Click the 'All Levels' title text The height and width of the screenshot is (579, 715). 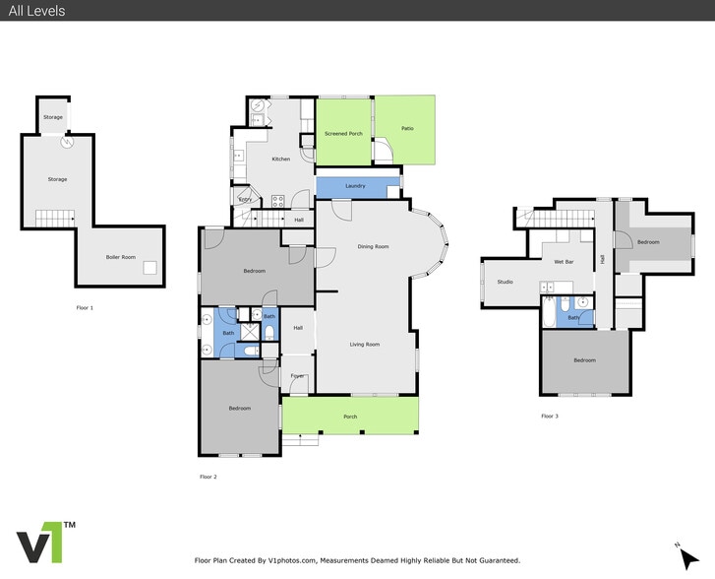[36, 11]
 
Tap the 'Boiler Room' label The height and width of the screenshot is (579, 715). [120, 257]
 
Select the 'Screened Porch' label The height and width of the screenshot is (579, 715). [343, 133]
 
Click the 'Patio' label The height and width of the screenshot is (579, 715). [407, 128]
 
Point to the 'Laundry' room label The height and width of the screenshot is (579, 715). [355, 186]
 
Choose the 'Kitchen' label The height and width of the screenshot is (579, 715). [280, 159]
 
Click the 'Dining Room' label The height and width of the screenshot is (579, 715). [373, 246]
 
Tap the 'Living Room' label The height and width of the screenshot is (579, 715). [365, 345]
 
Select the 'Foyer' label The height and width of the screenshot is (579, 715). [297, 375]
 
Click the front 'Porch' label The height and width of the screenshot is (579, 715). [350, 416]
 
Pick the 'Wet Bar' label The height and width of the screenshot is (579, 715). [564, 262]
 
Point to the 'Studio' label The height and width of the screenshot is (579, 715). [505, 282]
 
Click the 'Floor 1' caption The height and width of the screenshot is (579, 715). [85, 308]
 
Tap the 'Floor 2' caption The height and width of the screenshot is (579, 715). [208, 477]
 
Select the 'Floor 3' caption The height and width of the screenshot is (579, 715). [550, 417]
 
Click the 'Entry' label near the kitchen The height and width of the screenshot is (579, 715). [245, 200]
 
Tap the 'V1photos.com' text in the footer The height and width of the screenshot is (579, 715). [295, 560]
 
